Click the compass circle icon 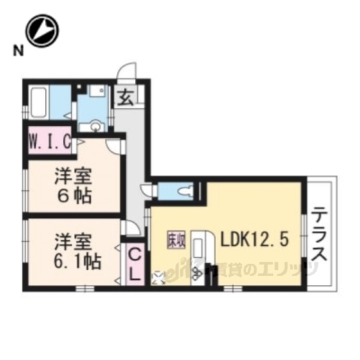point(43,31)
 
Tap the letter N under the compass point(16,50)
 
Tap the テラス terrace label point(319,233)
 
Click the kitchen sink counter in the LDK point(199,251)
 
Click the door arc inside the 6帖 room point(115,146)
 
